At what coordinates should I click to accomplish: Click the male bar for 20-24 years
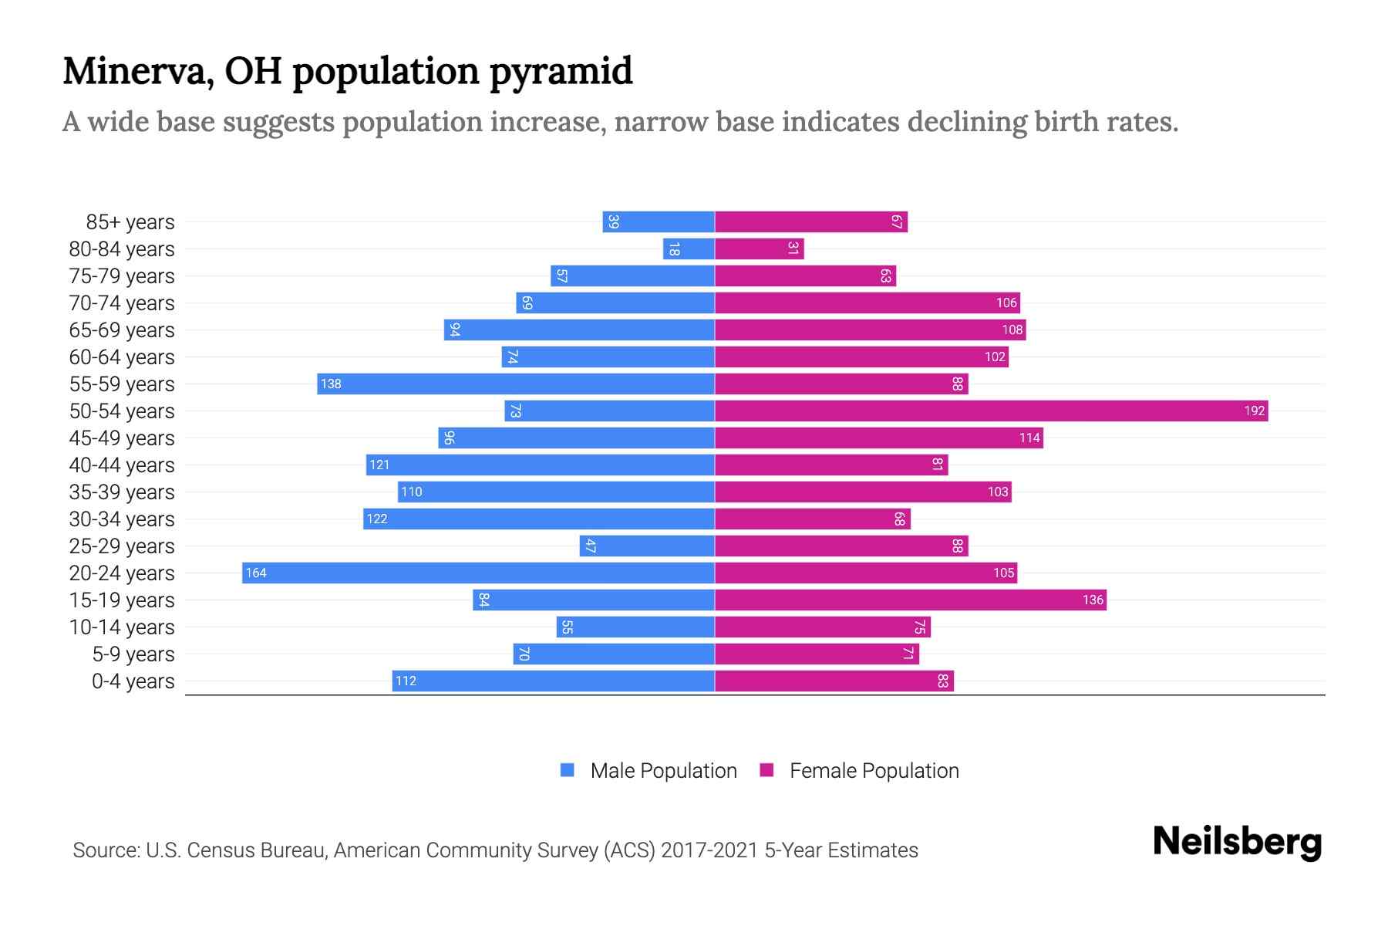tap(478, 573)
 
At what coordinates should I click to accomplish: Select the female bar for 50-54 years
tap(991, 411)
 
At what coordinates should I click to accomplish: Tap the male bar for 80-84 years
tap(689, 248)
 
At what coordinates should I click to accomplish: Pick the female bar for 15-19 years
tap(910, 600)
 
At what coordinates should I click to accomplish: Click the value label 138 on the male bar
tap(331, 384)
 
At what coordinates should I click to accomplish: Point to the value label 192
tap(1254, 411)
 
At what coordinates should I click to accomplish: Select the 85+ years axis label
tap(130, 222)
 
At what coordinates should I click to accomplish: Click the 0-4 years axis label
tap(133, 681)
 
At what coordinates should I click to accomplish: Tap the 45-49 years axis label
tap(122, 438)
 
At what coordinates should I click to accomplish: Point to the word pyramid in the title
tap(561, 71)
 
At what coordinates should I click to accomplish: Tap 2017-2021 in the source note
tap(709, 850)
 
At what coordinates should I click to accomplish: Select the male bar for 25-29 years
tap(647, 546)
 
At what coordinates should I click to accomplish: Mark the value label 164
tap(256, 573)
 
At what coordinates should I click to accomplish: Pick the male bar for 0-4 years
tap(553, 681)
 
